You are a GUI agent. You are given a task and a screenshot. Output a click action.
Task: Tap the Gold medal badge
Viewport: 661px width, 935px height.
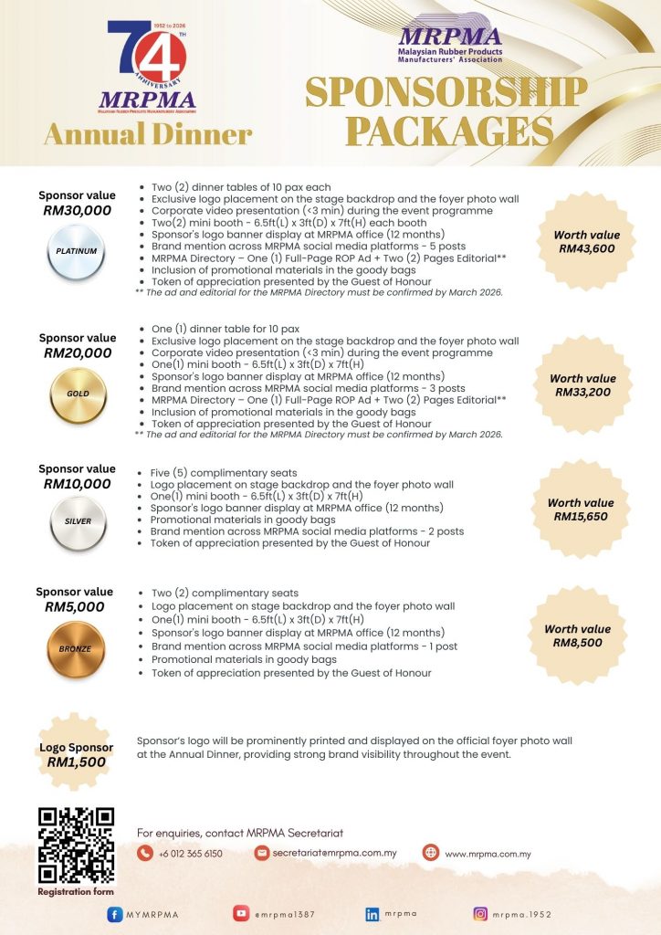78,394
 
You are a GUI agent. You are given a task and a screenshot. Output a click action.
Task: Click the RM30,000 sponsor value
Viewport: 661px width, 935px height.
78,211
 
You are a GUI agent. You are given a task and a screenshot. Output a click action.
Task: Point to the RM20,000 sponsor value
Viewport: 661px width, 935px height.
78,353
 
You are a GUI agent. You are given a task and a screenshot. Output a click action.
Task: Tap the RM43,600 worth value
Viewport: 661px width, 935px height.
587,247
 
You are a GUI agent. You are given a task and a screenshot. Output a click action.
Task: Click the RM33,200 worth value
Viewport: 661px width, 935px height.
583,393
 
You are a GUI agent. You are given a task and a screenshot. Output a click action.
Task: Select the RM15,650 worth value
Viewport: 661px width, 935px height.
581,517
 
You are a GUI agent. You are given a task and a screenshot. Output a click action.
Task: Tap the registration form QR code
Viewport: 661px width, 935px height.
76,846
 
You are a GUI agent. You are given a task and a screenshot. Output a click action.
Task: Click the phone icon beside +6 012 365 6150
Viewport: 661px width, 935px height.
145,854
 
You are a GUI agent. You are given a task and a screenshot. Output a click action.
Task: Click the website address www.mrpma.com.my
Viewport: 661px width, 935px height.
488,854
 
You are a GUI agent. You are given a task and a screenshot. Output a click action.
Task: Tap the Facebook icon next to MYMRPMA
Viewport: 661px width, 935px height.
115,914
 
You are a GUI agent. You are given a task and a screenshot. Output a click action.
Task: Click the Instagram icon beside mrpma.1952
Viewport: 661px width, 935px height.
480,913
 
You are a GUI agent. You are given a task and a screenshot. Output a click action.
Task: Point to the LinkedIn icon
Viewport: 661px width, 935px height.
372,913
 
